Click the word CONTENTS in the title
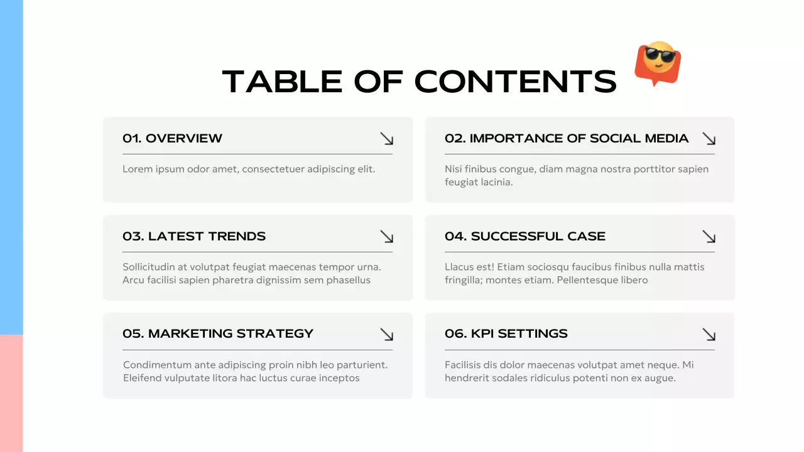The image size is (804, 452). click(515, 82)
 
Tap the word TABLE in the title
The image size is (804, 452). click(281, 82)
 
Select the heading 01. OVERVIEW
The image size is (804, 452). click(172, 138)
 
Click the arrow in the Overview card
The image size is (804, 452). click(386, 139)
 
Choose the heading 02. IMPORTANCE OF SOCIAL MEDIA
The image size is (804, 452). click(567, 138)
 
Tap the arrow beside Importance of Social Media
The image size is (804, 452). click(709, 139)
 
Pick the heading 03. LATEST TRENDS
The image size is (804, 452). click(194, 236)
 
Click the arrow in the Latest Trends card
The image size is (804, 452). click(386, 237)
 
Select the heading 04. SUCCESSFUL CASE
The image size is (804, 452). click(525, 236)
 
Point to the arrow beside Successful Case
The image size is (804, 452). click(709, 237)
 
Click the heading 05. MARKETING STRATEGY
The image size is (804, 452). click(218, 333)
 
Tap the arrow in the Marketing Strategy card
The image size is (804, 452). click(386, 334)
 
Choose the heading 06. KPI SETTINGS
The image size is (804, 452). click(506, 333)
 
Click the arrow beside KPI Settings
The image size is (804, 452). click(709, 334)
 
